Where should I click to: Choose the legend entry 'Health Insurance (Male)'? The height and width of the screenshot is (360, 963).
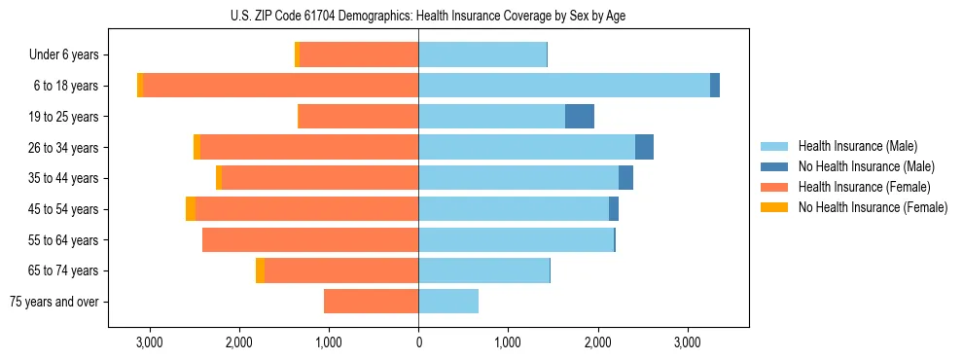click(x=857, y=146)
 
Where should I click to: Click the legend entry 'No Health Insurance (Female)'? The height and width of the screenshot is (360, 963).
click(x=873, y=207)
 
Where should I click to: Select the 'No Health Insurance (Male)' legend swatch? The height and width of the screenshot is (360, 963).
click(x=775, y=166)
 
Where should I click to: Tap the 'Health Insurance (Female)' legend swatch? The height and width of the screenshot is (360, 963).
click(x=775, y=187)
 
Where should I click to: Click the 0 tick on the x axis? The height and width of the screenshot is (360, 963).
click(x=418, y=342)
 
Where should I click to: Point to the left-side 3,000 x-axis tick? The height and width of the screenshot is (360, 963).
click(x=149, y=342)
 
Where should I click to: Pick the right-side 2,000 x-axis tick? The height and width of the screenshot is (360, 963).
click(x=597, y=342)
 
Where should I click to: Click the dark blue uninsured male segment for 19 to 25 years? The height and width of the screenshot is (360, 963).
click(x=580, y=117)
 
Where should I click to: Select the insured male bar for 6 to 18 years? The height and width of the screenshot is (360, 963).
click(x=564, y=86)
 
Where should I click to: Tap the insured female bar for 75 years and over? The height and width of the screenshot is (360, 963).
click(x=371, y=302)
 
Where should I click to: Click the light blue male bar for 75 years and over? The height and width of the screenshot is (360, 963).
click(x=448, y=302)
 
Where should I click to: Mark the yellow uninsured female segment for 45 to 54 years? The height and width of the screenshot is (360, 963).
click(x=191, y=209)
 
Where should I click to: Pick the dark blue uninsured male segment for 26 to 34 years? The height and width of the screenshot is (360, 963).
click(x=644, y=147)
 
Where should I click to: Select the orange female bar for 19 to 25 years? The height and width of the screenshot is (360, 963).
click(x=358, y=117)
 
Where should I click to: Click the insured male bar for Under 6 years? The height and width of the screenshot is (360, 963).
click(x=482, y=55)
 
